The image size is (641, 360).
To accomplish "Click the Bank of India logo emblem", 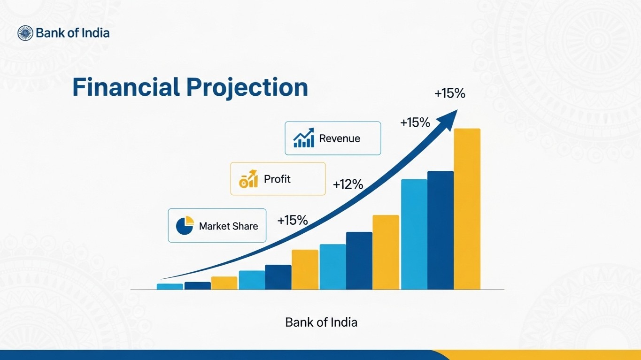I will pos(25,33).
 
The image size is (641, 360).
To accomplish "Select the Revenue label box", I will pos(332,138).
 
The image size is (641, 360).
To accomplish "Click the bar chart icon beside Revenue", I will pos(303,138).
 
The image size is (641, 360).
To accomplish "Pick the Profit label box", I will pos(278,179).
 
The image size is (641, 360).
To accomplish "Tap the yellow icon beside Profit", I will pos(248,179).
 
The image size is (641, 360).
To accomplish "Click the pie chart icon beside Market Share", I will pos(185,226).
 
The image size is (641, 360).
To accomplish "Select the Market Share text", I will pos(228,226).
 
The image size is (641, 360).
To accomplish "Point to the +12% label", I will pos(348,185).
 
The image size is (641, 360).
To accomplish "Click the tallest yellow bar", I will pos(467,209).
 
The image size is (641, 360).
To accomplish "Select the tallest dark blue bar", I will pos(440,230).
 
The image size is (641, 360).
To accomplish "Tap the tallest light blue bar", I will pos(414,234).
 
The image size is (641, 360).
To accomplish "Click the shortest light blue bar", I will pos(170,286).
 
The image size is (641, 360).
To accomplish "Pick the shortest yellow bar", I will pos(224,283).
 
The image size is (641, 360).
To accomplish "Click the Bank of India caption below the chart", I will pos(321,322).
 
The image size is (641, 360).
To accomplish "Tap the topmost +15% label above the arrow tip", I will pos(449,94).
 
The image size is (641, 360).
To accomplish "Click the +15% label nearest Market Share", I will pos(292,220).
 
